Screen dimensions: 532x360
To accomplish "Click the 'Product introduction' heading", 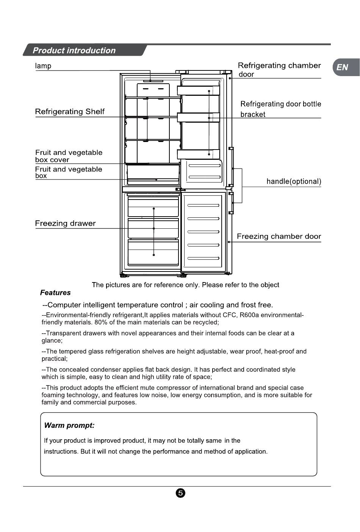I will [74, 50].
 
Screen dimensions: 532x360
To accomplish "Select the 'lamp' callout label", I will [43, 66].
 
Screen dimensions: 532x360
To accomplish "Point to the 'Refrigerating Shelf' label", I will [70, 112].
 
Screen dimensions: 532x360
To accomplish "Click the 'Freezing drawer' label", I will [65, 223].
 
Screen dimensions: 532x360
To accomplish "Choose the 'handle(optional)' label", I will [294, 181].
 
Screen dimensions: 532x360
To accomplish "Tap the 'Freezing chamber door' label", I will [279, 237].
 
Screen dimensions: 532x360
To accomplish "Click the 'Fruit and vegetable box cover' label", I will [69, 156].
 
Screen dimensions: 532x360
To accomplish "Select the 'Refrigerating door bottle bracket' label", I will [280, 109].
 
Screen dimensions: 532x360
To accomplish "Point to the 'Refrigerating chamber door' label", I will [279, 70].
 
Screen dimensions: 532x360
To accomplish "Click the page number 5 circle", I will [180, 493].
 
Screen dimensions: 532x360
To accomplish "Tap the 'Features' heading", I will [55, 293].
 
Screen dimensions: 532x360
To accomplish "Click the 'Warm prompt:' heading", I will [69, 425].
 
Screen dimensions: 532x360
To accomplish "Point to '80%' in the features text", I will [101, 323].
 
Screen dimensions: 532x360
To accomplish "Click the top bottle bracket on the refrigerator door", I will [198, 90].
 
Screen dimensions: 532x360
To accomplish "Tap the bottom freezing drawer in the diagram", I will [153, 252].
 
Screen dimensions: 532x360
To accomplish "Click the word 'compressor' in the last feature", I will [176, 388].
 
